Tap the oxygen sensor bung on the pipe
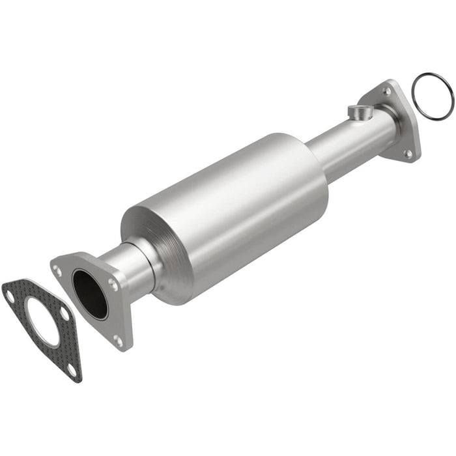(x=357, y=112)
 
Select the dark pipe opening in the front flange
(x=90, y=294)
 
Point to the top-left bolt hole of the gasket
(x=10, y=296)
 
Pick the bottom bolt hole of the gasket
(x=72, y=369)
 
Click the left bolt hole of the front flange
(x=58, y=269)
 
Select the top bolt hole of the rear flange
(x=388, y=92)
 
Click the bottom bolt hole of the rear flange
(x=408, y=154)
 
